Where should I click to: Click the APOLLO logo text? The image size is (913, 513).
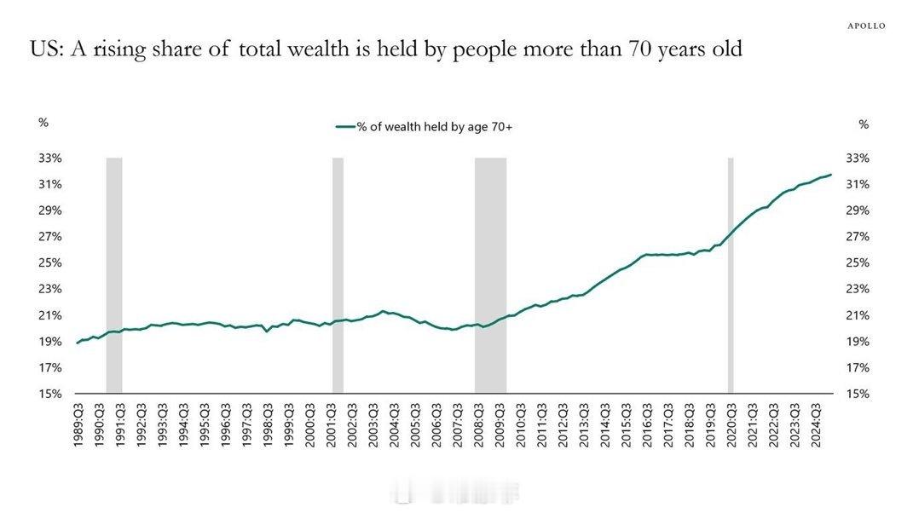[866, 26]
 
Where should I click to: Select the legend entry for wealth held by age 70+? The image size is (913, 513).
[424, 127]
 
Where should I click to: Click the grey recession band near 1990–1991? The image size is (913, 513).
[114, 273]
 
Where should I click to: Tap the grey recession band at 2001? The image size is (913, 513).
[338, 273]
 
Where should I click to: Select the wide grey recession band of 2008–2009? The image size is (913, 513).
[490, 273]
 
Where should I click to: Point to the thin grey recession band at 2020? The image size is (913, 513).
[731, 273]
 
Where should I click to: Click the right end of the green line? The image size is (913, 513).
[830, 175]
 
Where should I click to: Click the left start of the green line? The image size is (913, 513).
[78, 343]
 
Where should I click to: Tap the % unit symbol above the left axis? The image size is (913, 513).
[43, 123]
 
